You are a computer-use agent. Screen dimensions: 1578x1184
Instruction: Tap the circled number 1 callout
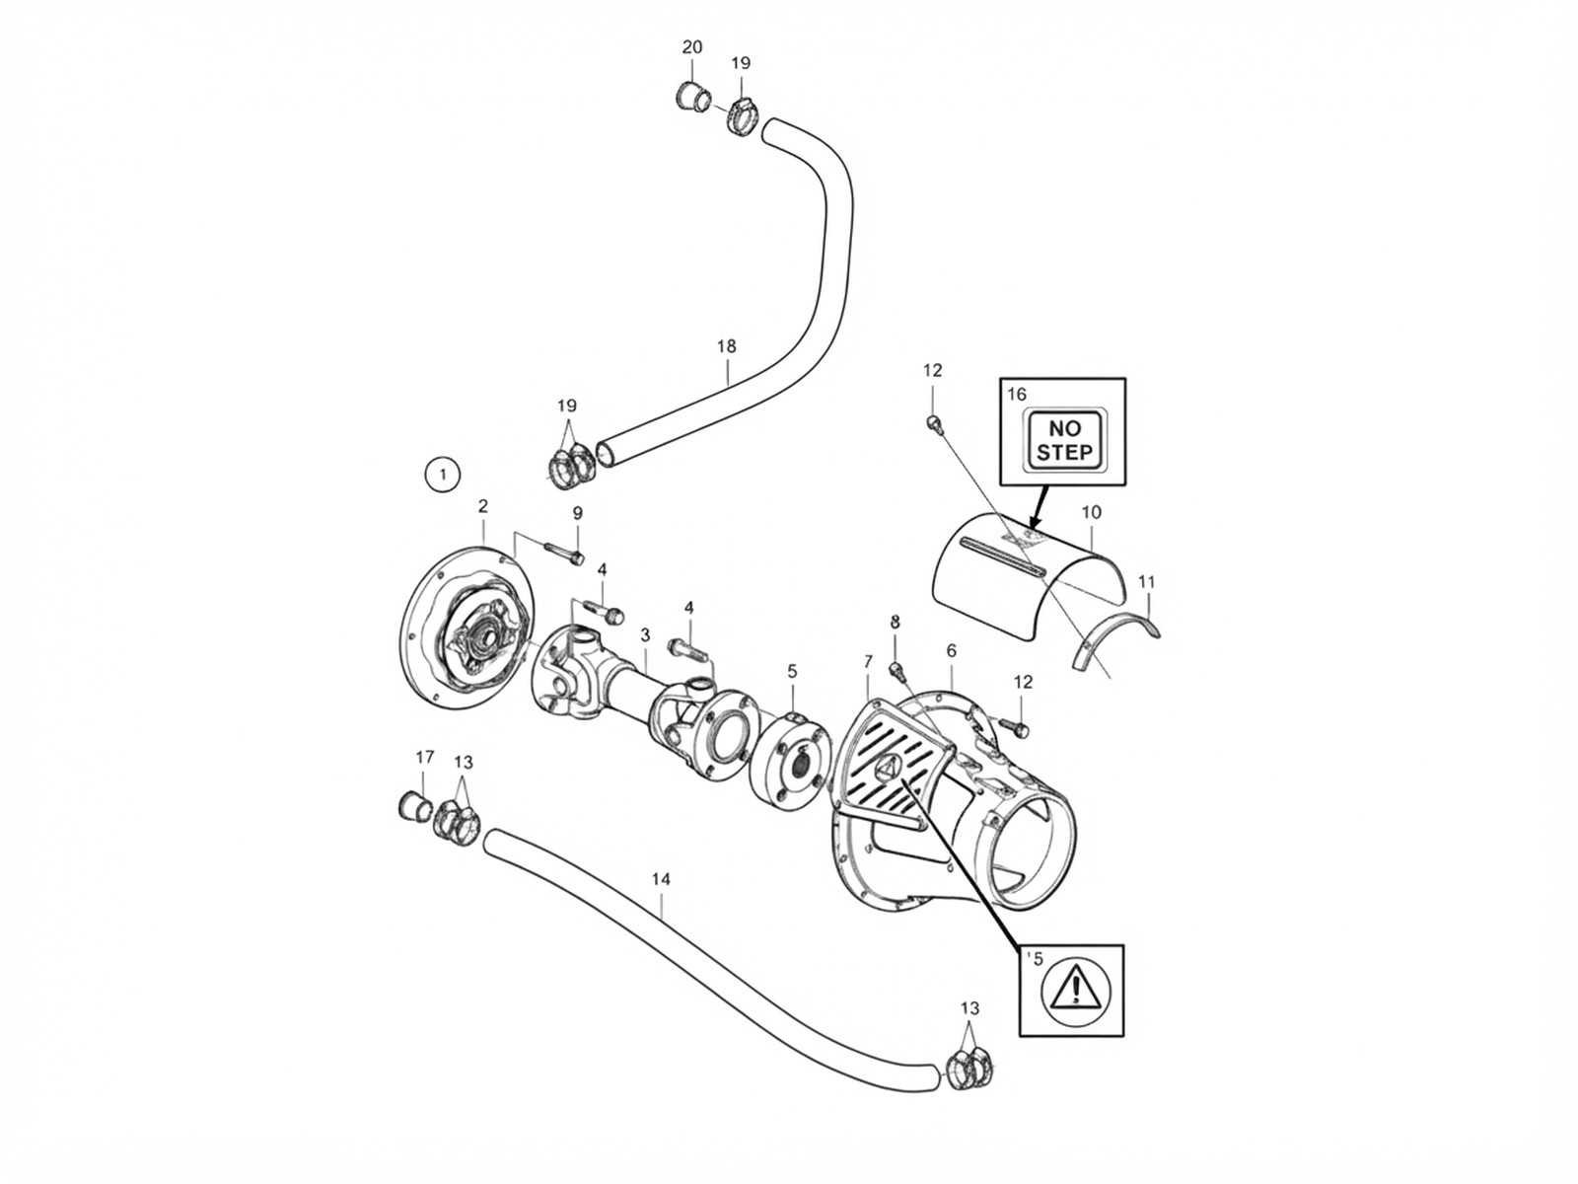[443, 475]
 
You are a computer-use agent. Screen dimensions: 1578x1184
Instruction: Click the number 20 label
[691, 47]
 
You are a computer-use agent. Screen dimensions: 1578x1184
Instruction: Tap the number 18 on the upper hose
[727, 346]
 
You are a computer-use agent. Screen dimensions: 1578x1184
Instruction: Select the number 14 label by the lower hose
[662, 879]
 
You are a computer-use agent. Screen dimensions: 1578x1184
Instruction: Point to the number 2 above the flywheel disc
[482, 506]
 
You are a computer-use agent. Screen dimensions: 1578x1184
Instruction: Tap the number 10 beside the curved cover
[1091, 512]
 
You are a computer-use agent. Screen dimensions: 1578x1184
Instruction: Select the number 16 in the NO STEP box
[1017, 394]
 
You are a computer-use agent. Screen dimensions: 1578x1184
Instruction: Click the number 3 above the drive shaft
[645, 635]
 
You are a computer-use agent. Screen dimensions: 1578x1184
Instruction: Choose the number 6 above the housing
[951, 650]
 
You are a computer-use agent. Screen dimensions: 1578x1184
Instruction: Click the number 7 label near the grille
[868, 661]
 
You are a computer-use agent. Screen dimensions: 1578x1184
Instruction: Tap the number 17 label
[425, 757]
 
